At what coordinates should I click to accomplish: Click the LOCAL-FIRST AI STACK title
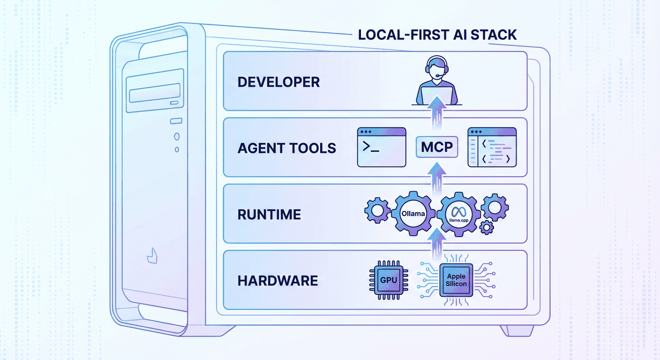(437, 34)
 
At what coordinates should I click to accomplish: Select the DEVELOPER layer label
(278, 82)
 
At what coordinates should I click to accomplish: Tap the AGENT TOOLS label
(286, 148)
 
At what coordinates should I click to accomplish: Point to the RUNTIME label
(269, 214)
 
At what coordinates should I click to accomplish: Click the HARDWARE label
(277, 281)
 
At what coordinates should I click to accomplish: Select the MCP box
(437, 147)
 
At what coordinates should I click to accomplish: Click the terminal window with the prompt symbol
(382, 147)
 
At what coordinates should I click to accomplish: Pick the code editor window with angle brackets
(492, 147)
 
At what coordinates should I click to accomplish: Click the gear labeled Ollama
(413, 213)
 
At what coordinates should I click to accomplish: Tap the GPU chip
(388, 280)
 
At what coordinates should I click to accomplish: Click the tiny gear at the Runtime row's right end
(487, 228)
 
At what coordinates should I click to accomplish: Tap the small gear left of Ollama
(377, 210)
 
